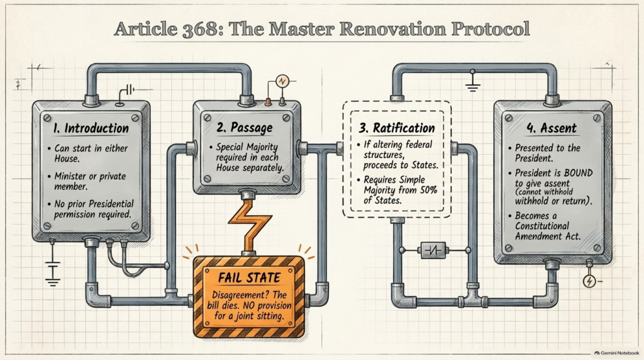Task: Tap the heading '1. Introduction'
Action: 91,128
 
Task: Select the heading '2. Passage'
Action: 245,127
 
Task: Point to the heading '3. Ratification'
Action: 397,128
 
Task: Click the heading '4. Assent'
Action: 552,128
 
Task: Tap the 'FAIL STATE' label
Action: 249,278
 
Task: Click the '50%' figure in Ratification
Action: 429,190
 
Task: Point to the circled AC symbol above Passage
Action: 282,81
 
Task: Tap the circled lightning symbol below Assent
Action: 589,281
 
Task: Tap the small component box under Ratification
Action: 433,250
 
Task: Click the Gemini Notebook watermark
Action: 616,353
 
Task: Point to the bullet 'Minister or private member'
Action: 91,181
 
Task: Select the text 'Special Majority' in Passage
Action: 247,147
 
